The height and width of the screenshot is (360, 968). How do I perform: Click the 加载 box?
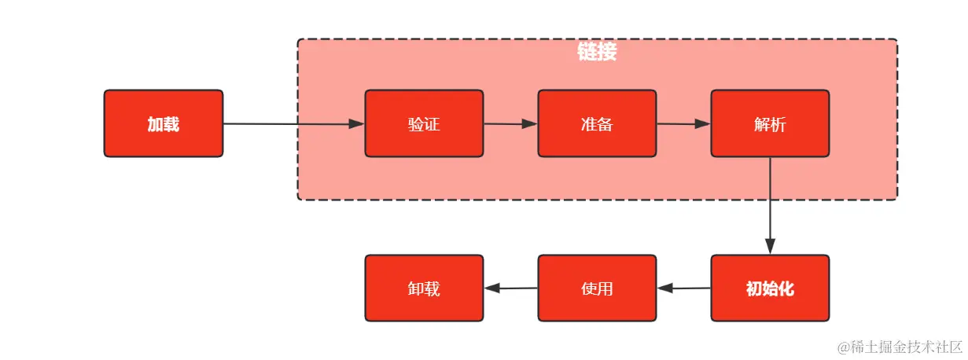tap(164, 123)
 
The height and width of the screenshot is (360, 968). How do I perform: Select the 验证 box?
tap(424, 123)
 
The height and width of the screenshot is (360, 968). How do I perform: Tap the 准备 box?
tap(597, 123)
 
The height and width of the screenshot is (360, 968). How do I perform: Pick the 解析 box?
tap(770, 123)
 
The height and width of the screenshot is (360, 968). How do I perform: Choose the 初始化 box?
tap(770, 288)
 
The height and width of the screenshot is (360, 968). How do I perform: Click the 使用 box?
tap(597, 288)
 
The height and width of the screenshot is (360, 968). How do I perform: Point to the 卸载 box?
tap(424, 288)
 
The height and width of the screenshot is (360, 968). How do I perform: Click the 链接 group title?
tap(597, 53)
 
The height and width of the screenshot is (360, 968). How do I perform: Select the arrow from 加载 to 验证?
tap(291, 123)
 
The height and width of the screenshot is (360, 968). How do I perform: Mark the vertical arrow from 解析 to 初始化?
tap(770, 204)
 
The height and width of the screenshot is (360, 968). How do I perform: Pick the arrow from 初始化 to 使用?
tap(684, 288)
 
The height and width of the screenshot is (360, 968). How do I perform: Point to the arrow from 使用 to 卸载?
tap(511, 288)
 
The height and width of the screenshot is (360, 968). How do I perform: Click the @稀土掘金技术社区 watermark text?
tap(900, 347)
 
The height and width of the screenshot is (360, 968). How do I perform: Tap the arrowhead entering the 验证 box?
tap(357, 123)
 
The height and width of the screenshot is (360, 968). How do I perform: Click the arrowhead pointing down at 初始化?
tap(770, 246)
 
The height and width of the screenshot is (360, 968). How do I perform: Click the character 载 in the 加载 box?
tap(171, 123)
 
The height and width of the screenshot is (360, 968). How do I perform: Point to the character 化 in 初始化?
tap(786, 288)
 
